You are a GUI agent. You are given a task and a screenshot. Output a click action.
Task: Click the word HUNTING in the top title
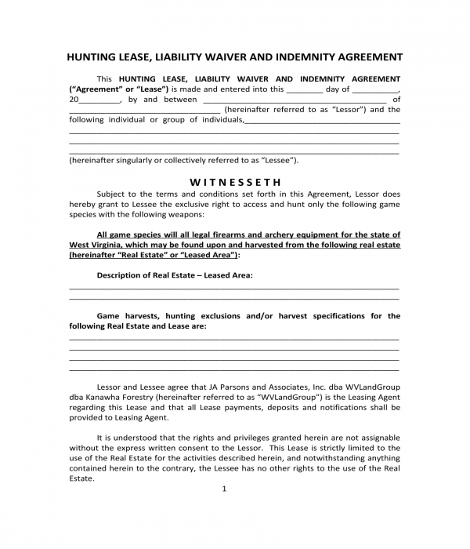coord(92,57)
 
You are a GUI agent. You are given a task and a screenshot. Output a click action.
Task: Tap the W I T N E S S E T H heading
coord(234,180)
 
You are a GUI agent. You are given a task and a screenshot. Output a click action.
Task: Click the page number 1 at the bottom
coord(224,489)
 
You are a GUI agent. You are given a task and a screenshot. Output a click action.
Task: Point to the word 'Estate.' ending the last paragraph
coord(81,478)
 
